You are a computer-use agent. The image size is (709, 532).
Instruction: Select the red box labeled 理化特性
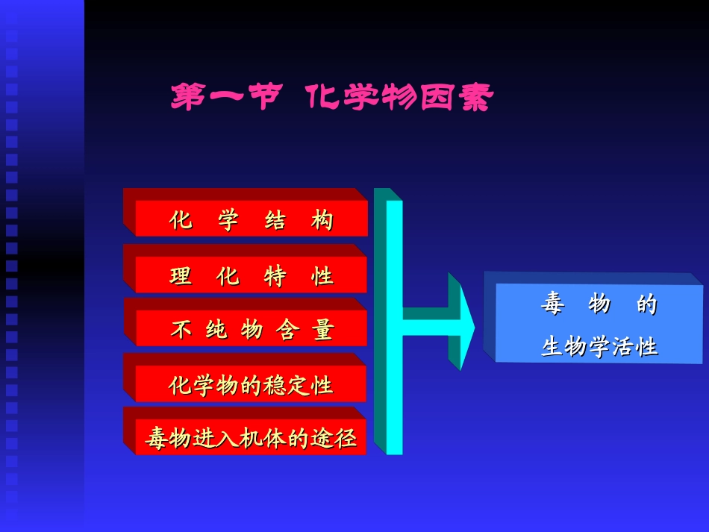[252, 275]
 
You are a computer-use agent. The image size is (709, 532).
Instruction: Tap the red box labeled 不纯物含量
[252, 329]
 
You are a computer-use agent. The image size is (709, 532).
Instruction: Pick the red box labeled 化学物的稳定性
[252, 385]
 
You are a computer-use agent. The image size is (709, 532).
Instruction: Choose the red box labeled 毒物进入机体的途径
[251, 439]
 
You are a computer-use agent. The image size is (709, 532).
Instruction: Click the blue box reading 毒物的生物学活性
[599, 325]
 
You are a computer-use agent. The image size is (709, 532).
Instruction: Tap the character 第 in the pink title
[187, 98]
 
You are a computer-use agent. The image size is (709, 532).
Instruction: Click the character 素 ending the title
[477, 98]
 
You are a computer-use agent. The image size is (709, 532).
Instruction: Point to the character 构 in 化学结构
[322, 221]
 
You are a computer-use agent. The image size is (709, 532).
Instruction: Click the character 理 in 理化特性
[181, 276]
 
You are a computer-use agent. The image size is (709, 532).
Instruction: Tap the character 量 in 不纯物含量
[322, 330]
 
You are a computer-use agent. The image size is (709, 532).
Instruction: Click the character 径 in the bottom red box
[346, 439]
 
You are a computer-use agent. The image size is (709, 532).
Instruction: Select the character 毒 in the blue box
[552, 304]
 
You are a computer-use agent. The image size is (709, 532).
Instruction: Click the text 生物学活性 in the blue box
[599, 347]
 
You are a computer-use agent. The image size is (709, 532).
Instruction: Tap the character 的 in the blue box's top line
[646, 304]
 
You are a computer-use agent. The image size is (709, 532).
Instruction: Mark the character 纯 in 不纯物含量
[216, 330]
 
